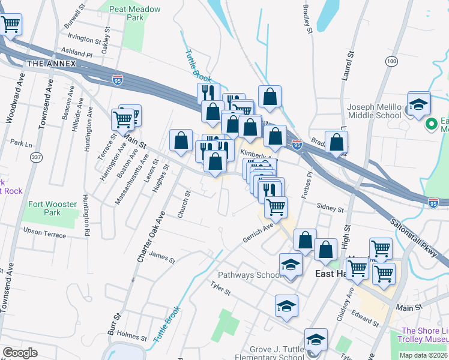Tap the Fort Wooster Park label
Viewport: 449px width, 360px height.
[x=53, y=208]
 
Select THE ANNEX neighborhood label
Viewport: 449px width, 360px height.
[x=50, y=64]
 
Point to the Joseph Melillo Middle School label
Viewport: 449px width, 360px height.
[x=374, y=111]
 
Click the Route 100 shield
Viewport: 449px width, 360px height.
[x=391, y=61]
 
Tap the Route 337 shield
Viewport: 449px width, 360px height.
[x=37, y=157]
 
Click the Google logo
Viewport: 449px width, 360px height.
[x=20, y=353]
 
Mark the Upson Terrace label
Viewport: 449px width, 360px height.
[x=44, y=233]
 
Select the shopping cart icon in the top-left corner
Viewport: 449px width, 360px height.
[x=11, y=25]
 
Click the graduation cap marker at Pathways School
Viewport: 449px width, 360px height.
[x=291, y=264]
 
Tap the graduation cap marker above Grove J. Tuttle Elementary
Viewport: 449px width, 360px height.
[x=316, y=339]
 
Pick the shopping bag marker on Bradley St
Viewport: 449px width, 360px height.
[x=337, y=142]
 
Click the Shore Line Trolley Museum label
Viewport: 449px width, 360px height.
[x=425, y=335]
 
